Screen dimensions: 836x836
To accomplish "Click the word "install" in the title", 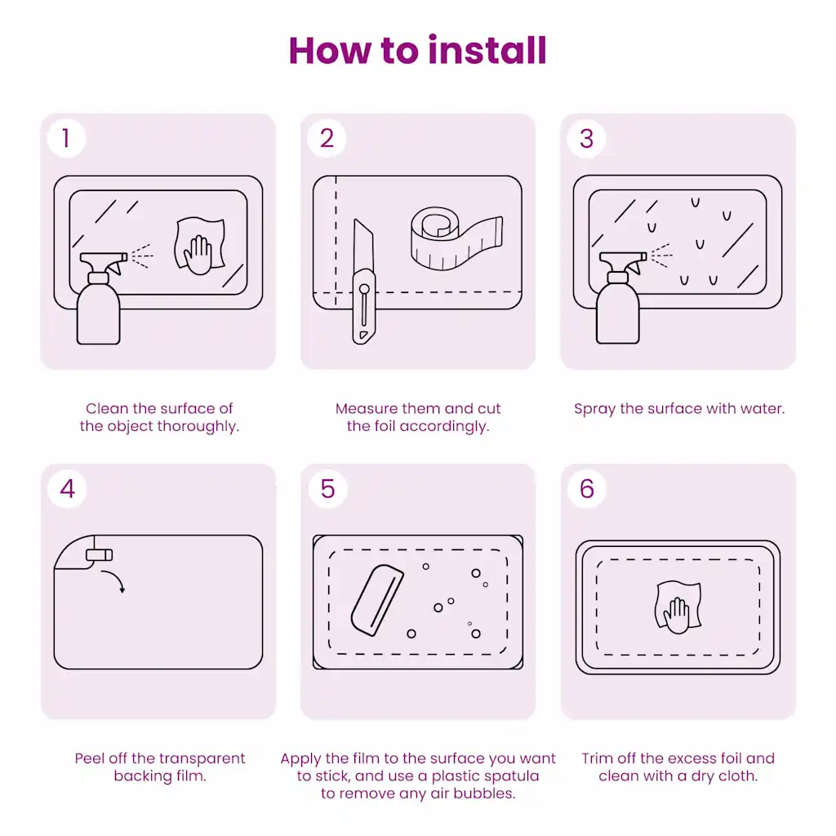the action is click(487, 51).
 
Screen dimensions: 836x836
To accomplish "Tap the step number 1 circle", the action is click(66, 138).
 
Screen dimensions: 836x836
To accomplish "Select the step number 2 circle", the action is click(327, 138).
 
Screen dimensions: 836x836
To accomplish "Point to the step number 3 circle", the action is click(586, 138).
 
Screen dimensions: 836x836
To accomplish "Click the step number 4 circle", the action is click(67, 488).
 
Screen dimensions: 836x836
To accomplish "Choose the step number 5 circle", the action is click(327, 488).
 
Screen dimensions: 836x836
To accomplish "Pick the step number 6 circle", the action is click(587, 488).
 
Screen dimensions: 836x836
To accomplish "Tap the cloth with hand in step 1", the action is click(200, 245).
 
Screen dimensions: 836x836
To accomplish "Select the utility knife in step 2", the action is click(363, 282).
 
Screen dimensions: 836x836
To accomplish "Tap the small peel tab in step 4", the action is click(100, 555).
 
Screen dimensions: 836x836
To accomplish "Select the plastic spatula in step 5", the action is click(377, 600).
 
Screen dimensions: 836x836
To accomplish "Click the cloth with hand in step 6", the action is click(678, 607).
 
